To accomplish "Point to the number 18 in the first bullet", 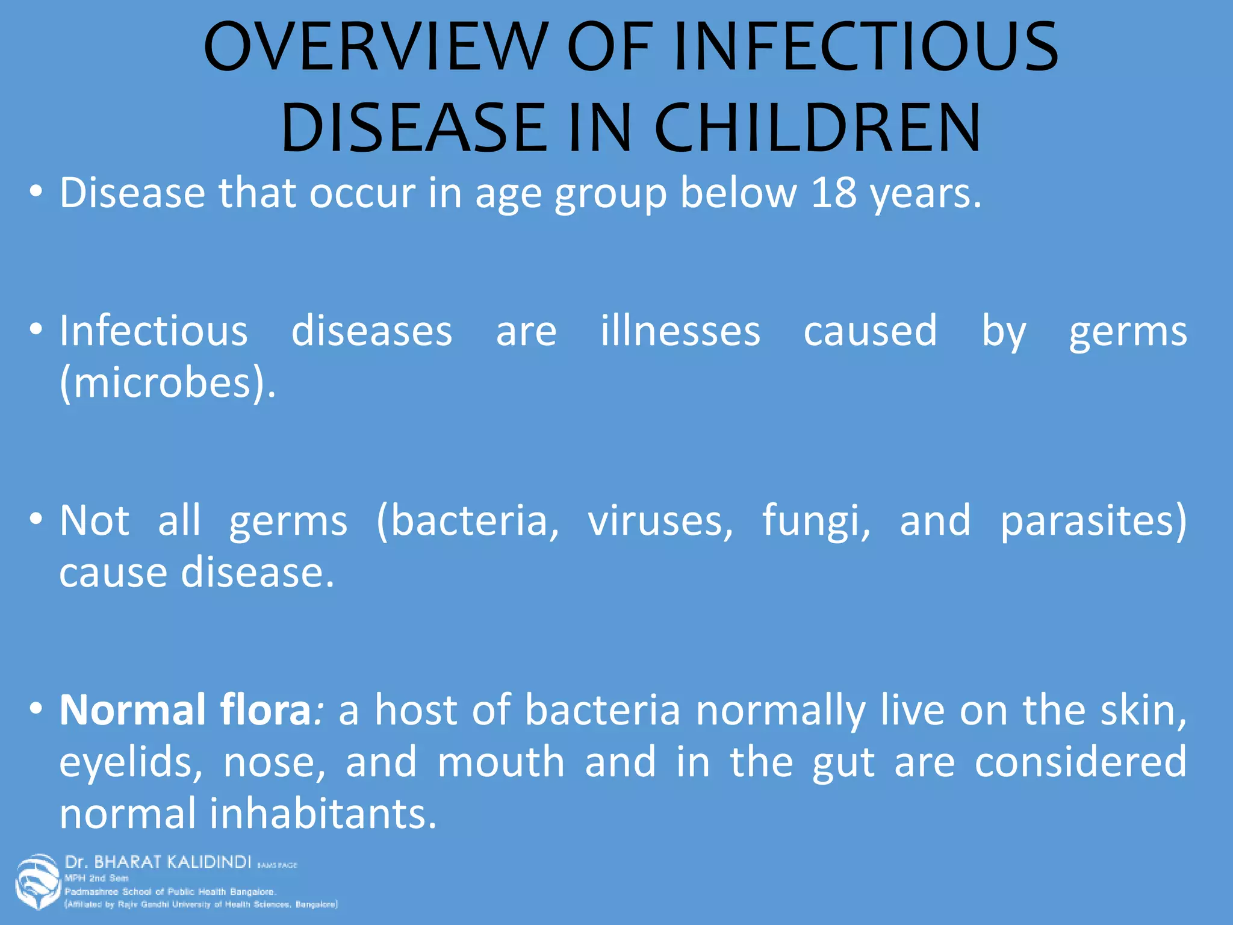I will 834,193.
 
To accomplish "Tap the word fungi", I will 816,522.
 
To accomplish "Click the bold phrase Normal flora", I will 185,710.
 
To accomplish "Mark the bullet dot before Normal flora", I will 37,708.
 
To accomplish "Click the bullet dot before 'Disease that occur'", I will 37,192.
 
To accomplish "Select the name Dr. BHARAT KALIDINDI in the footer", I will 158,862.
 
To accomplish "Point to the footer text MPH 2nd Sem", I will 96,878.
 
